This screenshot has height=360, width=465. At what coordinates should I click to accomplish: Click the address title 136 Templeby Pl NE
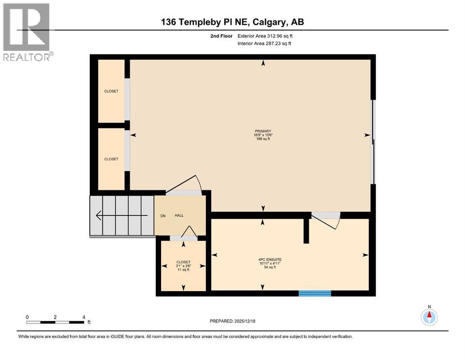[x=232, y=22]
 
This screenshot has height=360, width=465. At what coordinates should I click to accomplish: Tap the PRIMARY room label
[x=263, y=131]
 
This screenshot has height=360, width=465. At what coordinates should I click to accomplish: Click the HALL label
[x=179, y=215]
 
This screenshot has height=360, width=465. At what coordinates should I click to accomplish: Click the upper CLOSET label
[x=111, y=91]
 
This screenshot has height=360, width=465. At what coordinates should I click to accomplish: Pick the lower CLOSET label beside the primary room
[x=111, y=159]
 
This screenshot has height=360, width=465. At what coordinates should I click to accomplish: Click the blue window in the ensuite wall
[x=315, y=293]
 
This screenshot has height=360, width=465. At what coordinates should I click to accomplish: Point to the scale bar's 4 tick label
[x=83, y=317]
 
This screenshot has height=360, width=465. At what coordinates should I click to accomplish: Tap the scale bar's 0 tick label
[x=27, y=317]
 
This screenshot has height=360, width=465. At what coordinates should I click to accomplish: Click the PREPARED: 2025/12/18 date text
[x=232, y=321]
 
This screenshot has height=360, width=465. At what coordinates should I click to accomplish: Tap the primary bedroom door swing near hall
[x=187, y=186]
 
